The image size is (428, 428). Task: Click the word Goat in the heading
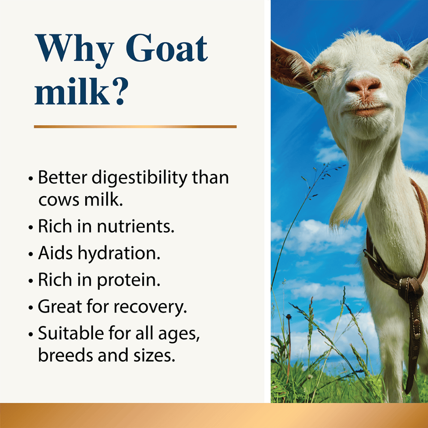point(169,50)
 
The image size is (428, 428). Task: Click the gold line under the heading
point(135,126)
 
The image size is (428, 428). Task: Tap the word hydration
point(119,254)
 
